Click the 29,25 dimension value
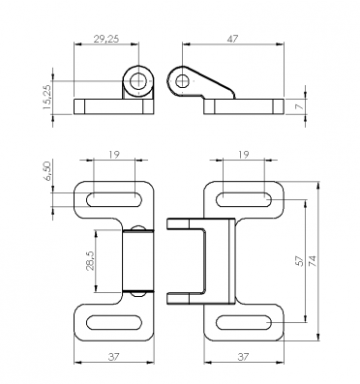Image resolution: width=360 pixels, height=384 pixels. coord(106,39)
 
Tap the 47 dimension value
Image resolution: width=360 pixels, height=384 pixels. coord(232,39)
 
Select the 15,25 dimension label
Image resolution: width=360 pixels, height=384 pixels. coord(47,97)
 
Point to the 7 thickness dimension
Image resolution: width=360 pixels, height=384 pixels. coord(300,106)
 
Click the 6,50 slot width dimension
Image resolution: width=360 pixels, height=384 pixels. coord(47,171)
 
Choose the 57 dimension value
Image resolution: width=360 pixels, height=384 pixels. coord(300,260)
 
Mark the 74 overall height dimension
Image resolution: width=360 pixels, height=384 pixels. coord(313,260)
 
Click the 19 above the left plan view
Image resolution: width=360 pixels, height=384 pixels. coord(114,155)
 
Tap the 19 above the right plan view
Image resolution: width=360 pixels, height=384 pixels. coord(244,155)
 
